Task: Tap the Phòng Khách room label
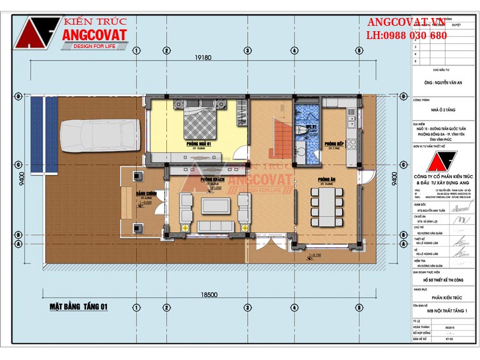pyautogui.click(x=212, y=179)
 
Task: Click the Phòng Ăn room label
pyautogui.click(x=326, y=179)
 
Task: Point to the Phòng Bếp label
pyautogui.click(x=333, y=145)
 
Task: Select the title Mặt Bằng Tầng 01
pyautogui.click(x=79, y=307)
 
